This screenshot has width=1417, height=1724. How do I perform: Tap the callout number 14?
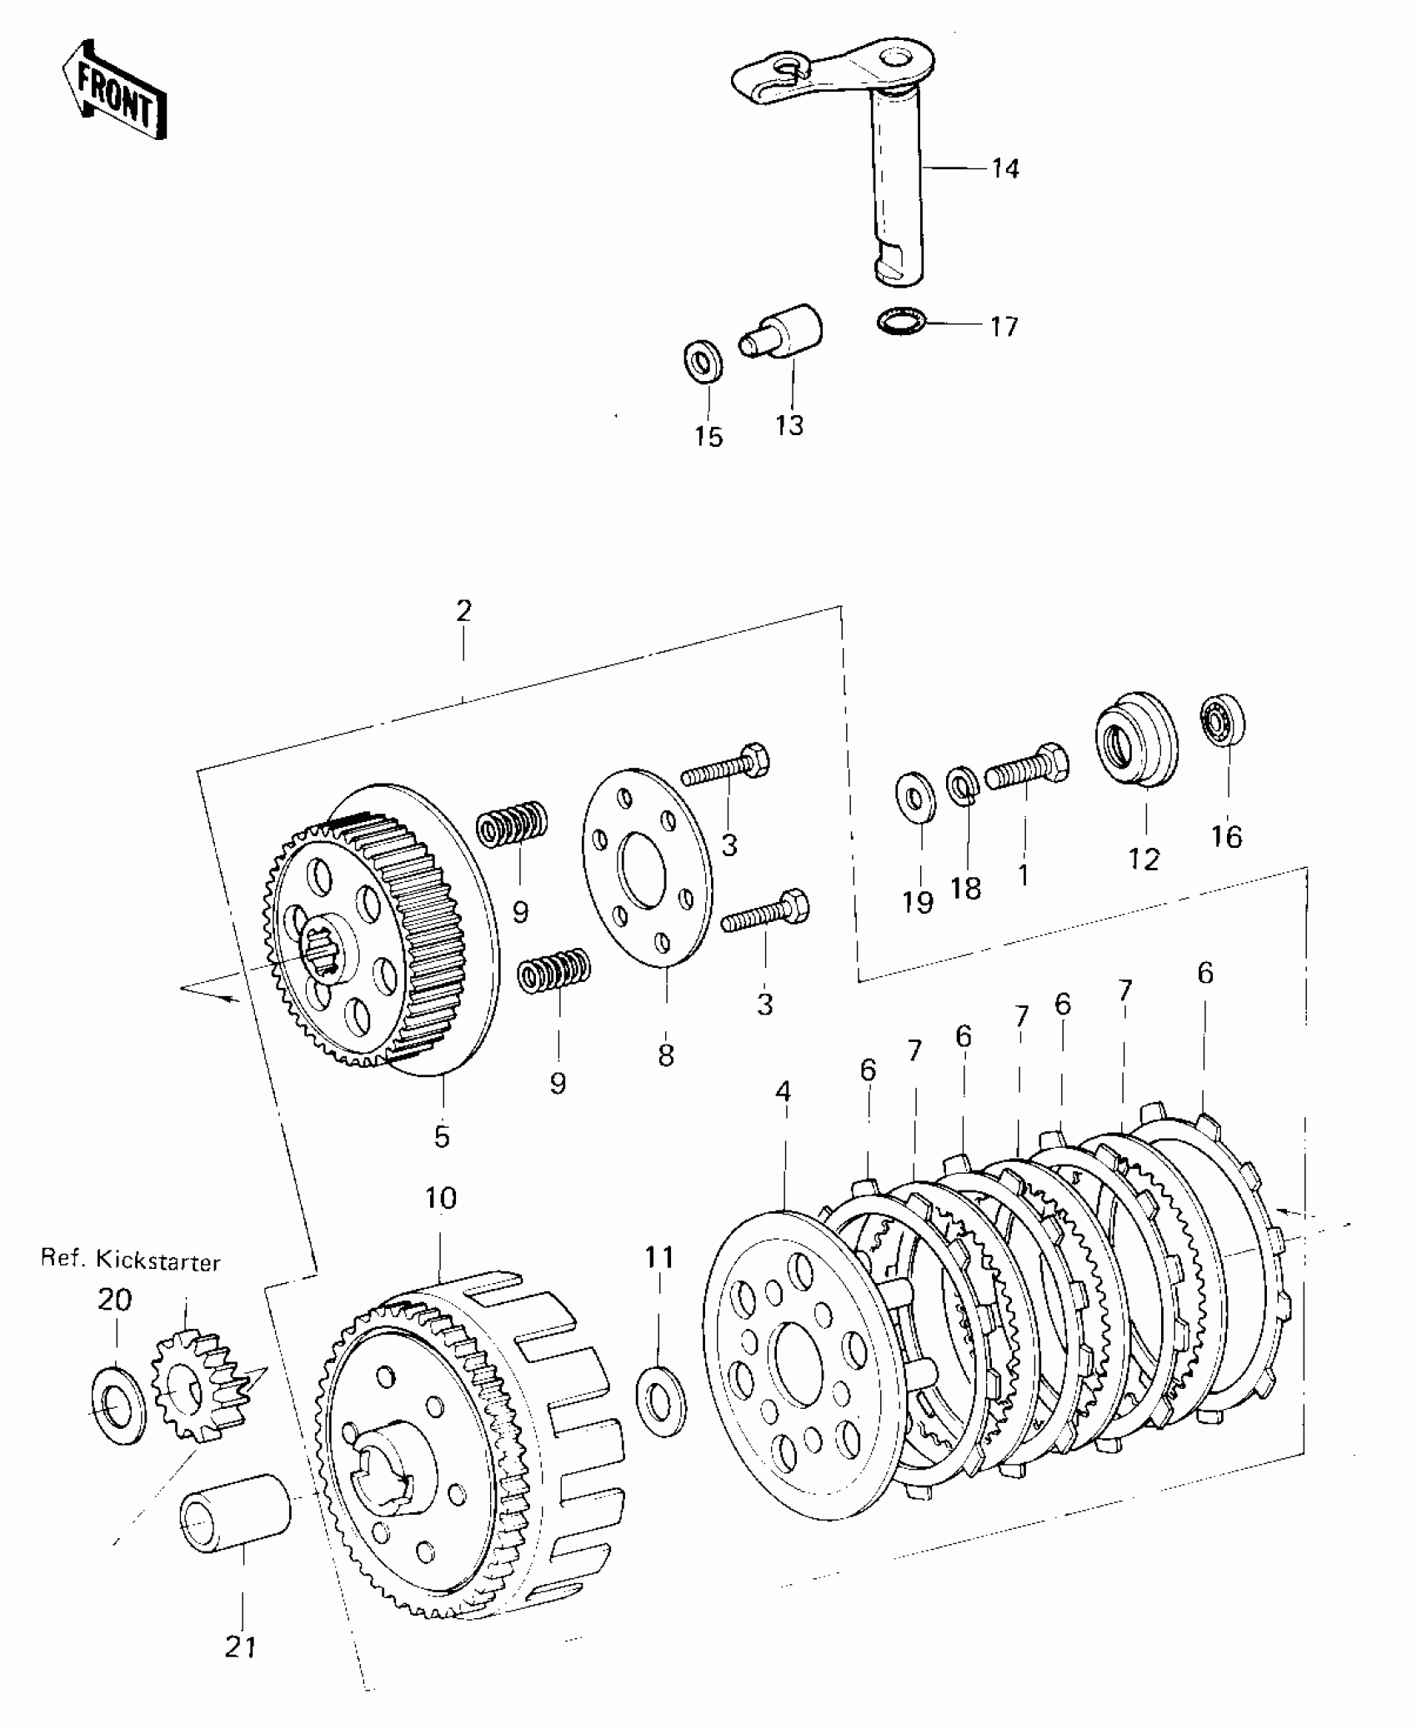coord(1005,169)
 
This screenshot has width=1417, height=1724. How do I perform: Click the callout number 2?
coord(463,611)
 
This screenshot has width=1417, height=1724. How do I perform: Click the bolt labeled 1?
coord(1027,768)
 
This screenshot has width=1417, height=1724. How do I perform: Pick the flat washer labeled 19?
coord(915,798)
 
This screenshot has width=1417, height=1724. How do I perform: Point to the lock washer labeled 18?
coord(963,787)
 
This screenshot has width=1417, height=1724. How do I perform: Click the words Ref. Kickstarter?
coord(131,1261)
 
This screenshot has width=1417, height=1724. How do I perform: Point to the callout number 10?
coord(441,1199)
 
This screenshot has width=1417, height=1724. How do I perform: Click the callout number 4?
coord(782,1091)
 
